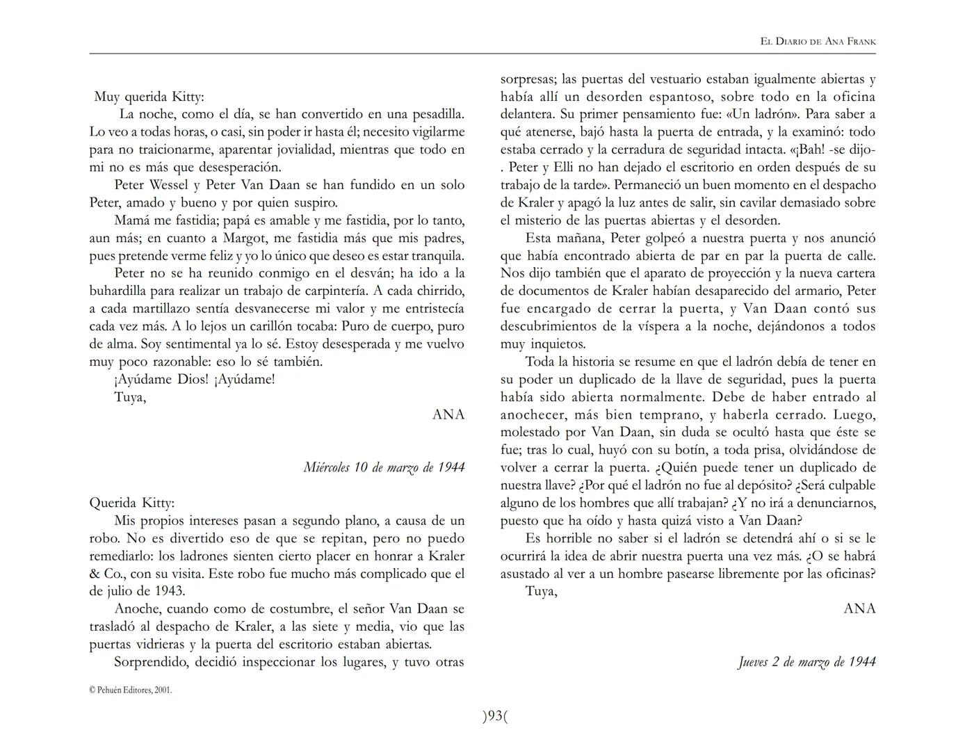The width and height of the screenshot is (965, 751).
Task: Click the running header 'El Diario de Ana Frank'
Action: (818, 42)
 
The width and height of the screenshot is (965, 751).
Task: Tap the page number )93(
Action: (495, 716)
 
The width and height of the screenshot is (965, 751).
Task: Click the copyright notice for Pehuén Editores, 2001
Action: (131, 691)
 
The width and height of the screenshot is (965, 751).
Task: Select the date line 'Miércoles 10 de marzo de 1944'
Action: (384, 467)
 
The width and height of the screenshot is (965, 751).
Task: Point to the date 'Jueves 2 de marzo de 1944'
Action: (806, 662)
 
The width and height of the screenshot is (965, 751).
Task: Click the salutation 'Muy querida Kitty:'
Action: (149, 97)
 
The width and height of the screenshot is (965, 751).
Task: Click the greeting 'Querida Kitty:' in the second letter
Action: (132, 503)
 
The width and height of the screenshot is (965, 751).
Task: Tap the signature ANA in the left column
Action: (448, 415)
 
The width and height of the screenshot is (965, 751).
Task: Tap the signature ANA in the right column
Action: (859, 609)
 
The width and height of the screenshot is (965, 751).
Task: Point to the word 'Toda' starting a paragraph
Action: (540, 362)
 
